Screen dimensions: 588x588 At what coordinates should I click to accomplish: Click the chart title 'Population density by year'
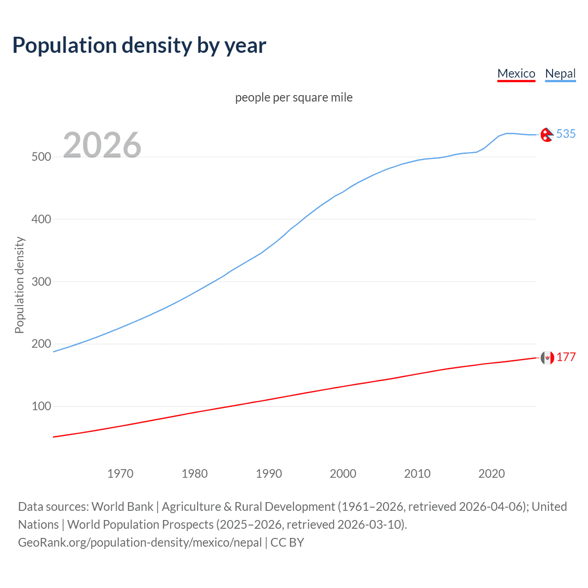click(139, 45)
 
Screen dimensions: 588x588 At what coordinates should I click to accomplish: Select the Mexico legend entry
click(516, 73)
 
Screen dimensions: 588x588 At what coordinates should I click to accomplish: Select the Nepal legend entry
click(560, 73)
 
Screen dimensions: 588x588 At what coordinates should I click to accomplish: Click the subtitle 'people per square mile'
click(294, 97)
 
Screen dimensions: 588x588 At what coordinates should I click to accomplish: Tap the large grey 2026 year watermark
click(102, 145)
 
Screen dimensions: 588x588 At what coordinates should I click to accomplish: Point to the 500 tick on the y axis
click(41, 157)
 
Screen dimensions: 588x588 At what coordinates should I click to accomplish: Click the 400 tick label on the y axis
click(41, 219)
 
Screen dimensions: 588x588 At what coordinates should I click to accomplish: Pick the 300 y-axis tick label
click(41, 282)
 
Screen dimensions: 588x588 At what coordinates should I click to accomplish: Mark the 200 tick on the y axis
click(41, 344)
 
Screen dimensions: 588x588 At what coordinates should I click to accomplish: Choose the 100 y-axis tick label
click(41, 407)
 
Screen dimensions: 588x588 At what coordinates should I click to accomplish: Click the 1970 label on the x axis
click(120, 474)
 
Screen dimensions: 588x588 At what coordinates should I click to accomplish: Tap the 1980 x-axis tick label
click(195, 474)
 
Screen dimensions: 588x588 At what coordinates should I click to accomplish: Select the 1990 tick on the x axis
click(269, 474)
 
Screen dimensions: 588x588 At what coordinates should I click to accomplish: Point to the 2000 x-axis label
click(343, 474)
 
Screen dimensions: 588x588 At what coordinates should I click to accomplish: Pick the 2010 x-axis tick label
click(417, 474)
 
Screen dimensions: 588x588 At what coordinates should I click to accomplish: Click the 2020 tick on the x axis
click(492, 474)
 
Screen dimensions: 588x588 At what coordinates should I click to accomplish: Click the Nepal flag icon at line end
click(547, 135)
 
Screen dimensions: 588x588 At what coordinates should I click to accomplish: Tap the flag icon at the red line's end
click(547, 357)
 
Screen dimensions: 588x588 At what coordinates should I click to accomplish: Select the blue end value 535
click(566, 134)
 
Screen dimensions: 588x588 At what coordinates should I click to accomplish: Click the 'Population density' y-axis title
click(19, 285)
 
